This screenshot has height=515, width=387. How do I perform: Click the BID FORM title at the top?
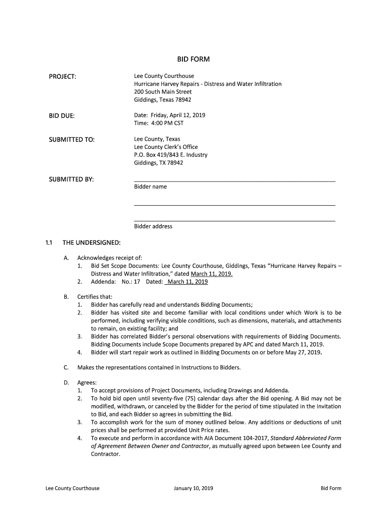193,59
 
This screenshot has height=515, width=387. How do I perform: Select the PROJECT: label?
62,76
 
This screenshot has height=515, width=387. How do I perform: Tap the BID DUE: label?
61,116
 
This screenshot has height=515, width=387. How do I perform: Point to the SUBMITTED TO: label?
71,139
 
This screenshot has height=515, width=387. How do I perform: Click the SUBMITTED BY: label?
71,180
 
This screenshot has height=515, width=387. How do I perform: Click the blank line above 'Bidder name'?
234,180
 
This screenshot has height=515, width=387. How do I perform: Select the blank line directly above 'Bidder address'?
234,220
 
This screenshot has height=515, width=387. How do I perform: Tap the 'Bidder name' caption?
150,187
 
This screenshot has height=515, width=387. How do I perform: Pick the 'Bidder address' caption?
153,226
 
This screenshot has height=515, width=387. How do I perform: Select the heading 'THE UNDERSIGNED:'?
91,243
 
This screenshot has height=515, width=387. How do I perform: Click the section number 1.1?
48,243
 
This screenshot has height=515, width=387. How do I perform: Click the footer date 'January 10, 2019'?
193,488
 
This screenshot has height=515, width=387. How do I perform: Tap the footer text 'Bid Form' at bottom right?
331,488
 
